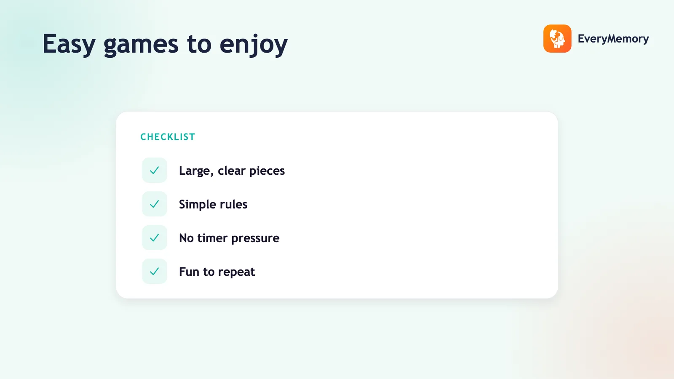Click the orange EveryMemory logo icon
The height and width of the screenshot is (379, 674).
click(557, 38)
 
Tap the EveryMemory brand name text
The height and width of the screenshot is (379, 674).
click(613, 39)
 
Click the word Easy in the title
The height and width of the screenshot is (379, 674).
click(69, 44)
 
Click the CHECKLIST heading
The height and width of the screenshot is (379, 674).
click(168, 137)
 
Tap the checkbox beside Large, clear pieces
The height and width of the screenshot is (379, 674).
click(154, 170)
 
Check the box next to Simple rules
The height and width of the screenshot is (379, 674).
click(154, 204)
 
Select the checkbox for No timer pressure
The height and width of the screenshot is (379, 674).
click(154, 238)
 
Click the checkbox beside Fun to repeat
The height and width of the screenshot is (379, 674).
click(154, 271)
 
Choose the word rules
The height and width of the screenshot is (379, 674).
click(234, 204)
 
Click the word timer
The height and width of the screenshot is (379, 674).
click(212, 238)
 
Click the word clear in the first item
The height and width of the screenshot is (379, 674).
click(232, 171)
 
